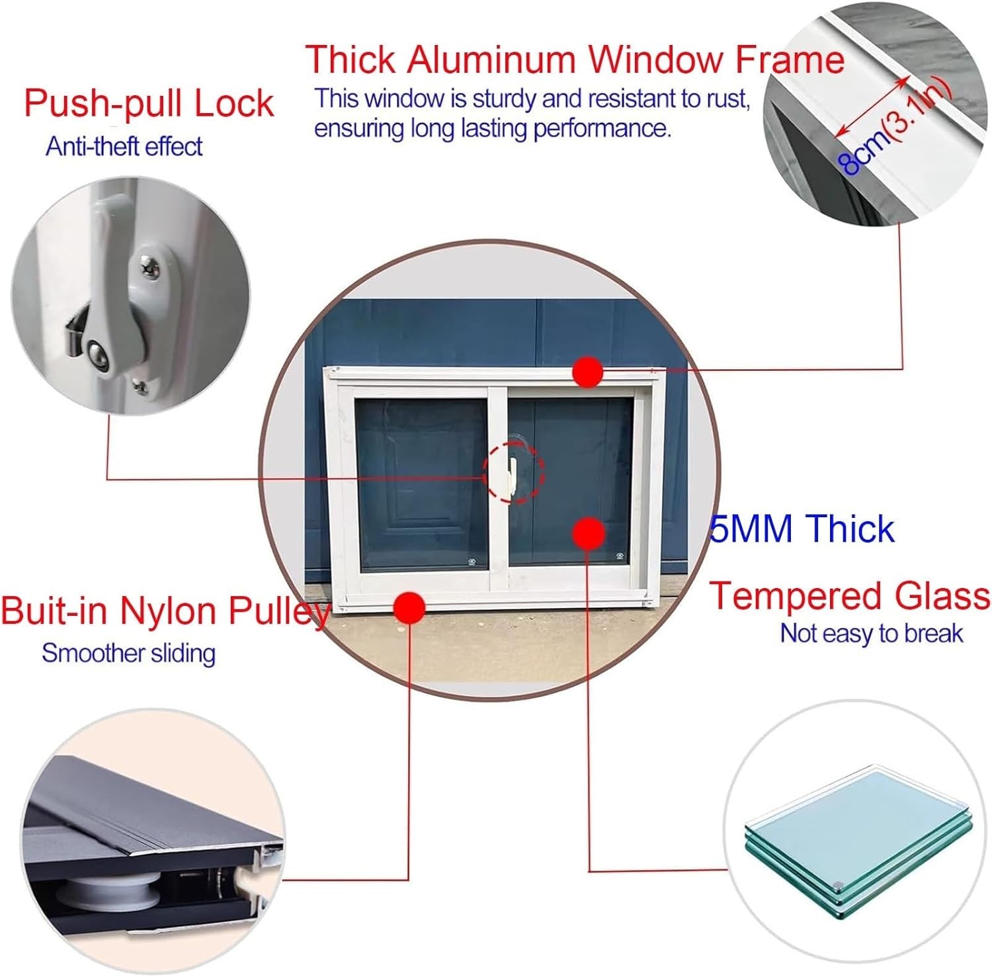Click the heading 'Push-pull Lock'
(149, 103)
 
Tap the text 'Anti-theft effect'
(124, 146)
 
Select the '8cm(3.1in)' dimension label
(897, 130)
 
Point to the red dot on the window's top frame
(587, 372)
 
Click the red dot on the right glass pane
(588, 533)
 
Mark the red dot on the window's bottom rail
(409, 607)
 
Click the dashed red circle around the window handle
(513, 472)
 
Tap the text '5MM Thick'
(802, 529)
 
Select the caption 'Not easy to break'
(871, 634)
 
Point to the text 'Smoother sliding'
(128, 654)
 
